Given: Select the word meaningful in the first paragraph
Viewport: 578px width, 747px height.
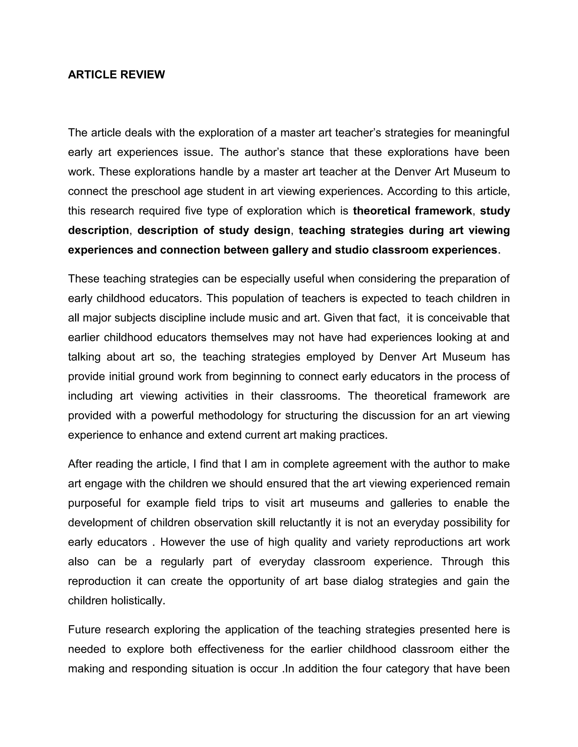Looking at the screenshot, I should click(x=482, y=133).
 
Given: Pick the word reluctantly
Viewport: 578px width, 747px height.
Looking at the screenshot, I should click(x=305, y=523).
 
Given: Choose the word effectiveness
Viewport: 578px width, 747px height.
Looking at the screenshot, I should click(x=231, y=649).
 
